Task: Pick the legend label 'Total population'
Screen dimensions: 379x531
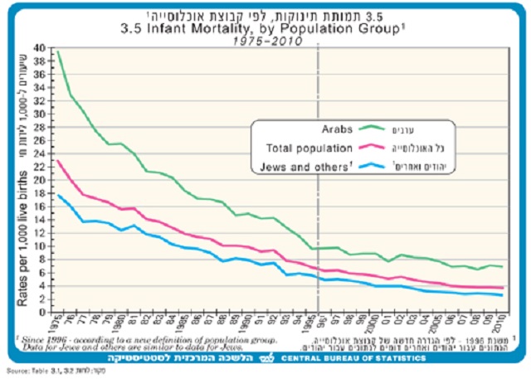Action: (x=311, y=148)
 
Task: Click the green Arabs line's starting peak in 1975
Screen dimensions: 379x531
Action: (x=57, y=51)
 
